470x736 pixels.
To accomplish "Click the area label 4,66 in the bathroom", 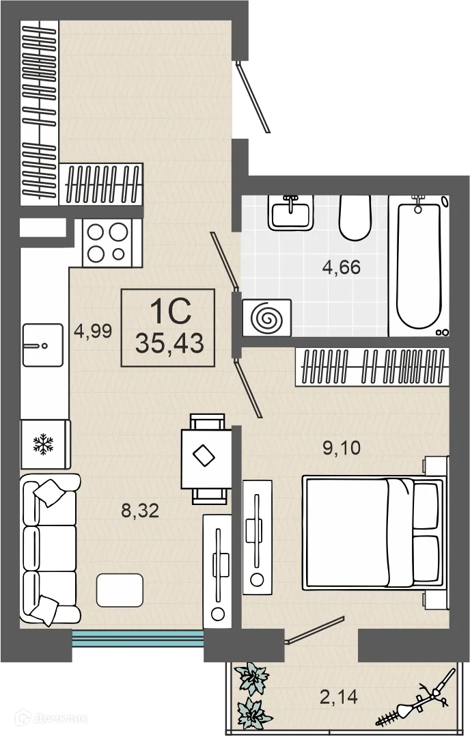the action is pos(341,268).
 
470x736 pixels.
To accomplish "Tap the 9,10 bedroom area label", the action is pos(342,448).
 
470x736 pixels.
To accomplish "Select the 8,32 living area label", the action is pos(140,510).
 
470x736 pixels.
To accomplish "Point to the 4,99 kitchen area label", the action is pos(93,331).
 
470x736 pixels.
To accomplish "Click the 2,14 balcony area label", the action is pos(339,697).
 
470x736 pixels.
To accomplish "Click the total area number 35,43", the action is pos(169,343).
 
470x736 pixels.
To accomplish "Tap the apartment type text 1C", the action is pos(170,312).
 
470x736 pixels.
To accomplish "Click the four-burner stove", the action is pos(112,243).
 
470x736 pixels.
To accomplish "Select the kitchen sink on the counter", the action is pos(42,345).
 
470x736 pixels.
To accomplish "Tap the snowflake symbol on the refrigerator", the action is pos(43,444).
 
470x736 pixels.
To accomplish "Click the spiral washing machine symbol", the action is pos(267,318).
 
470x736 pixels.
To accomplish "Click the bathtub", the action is pos(418,266).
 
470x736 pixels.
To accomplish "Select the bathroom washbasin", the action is pos(291,213).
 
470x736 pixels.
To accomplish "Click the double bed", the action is pos(374,532).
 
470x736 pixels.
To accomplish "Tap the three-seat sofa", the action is pos(50,549).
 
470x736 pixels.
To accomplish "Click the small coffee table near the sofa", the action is pos(120,590).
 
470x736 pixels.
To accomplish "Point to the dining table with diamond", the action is pos(205,458).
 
